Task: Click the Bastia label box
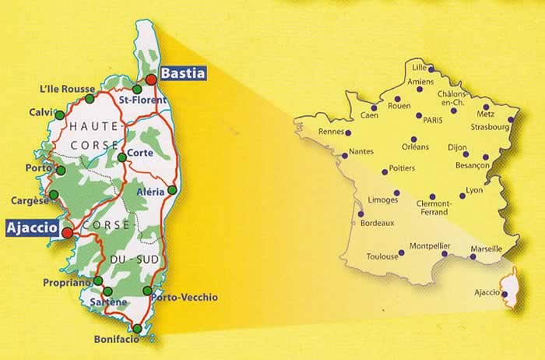coord(183,73)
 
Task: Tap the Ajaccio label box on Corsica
coord(32,228)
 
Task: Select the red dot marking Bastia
coord(151,80)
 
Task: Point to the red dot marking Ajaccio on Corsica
coord(68,232)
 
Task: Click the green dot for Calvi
coord(60,115)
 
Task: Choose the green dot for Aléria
coord(172,189)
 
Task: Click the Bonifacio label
coord(116,339)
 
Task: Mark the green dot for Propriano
coord(98,281)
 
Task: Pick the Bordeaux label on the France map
coord(378,223)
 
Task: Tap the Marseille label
coord(487,249)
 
